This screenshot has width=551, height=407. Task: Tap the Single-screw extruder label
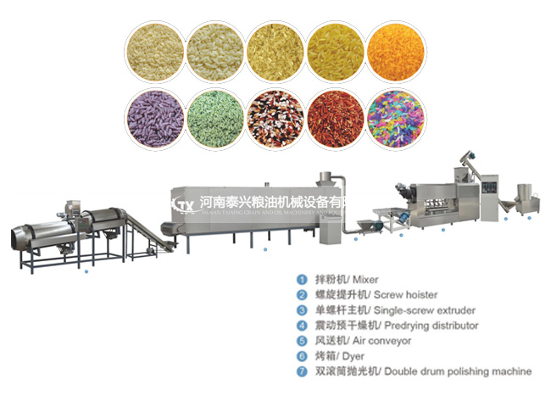(x=430, y=309)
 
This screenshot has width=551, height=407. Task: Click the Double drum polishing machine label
(x=458, y=371)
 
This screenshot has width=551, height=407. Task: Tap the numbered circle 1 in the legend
(x=301, y=279)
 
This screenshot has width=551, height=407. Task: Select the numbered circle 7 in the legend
(x=301, y=371)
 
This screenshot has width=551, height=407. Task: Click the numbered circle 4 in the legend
(x=301, y=325)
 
